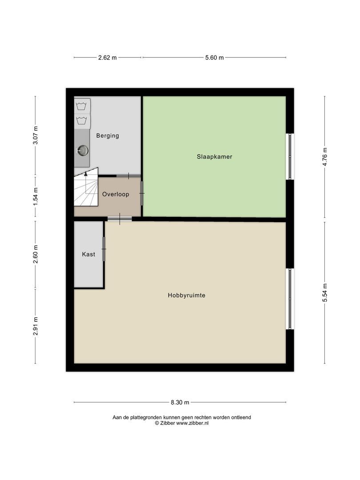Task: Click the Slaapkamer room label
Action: click(215, 156)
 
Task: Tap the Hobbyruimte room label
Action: click(186, 295)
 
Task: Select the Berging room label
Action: click(108, 136)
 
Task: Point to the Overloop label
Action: click(116, 194)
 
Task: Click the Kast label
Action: click(88, 255)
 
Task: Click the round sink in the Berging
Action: click(82, 151)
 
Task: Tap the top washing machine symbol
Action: click(81, 106)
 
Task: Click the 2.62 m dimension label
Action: click(108, 58)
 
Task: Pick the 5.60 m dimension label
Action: click(214, 58)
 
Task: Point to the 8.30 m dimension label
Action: click(180, 403)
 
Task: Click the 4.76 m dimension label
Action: click(325, 157)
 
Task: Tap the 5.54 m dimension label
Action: click(325, 293)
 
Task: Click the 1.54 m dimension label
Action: click(36, 196)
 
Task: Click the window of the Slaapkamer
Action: click(290, 156)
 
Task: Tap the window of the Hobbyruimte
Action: click(290, 299)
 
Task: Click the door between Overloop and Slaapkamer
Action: click(142, 192)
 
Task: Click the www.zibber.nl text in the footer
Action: click(192, 424)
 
